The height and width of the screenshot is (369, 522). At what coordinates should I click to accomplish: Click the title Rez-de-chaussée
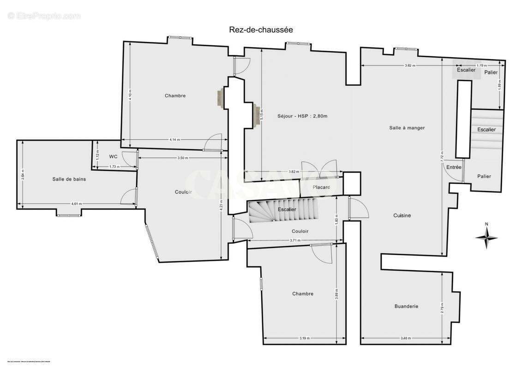261,30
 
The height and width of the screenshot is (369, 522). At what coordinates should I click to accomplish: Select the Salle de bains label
69,179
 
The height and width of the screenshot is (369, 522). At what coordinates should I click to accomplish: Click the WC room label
113,156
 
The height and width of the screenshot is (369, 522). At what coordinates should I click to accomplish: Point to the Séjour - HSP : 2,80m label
302,116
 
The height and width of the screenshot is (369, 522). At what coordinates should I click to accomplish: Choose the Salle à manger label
407,128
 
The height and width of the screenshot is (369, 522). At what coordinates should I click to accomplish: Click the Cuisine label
402,215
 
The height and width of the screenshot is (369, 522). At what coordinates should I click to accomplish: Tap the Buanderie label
406,306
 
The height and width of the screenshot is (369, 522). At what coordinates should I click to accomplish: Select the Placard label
321,187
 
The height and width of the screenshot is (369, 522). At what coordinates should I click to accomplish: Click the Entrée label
454,167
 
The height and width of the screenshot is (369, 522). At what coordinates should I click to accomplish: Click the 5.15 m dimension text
262,114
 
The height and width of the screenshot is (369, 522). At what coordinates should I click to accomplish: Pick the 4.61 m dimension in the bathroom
77,204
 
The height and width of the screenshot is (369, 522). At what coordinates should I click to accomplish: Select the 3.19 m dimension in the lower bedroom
304,339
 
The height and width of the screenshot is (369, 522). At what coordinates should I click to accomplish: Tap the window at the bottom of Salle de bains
69,214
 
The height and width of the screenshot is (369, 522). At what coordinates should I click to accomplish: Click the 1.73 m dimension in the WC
114,167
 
